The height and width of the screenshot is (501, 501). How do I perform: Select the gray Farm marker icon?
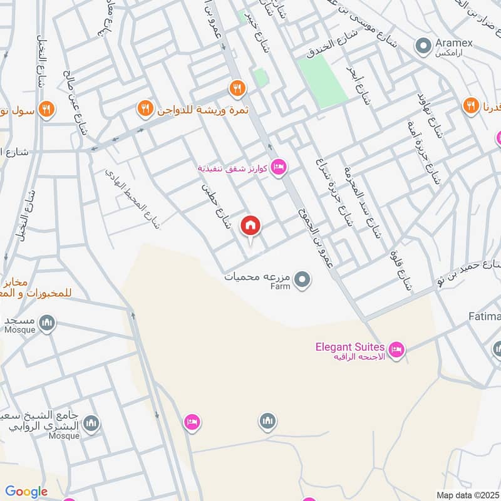click(x=302, y=280)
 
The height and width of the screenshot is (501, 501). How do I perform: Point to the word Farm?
click(x=281, y=286)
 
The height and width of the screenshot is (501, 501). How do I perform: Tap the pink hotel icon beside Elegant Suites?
click(x=396, y=350)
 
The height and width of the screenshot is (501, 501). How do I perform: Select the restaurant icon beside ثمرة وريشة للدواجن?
click(x=145, y=110)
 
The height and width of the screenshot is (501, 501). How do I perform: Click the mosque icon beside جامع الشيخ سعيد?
click(x=91, y=424)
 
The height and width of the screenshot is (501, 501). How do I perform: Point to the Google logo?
click(x=26, y=492)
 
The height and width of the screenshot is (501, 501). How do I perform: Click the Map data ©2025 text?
click(x=467, y=495)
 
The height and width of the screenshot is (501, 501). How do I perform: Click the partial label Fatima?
click(x=485, y=318)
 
